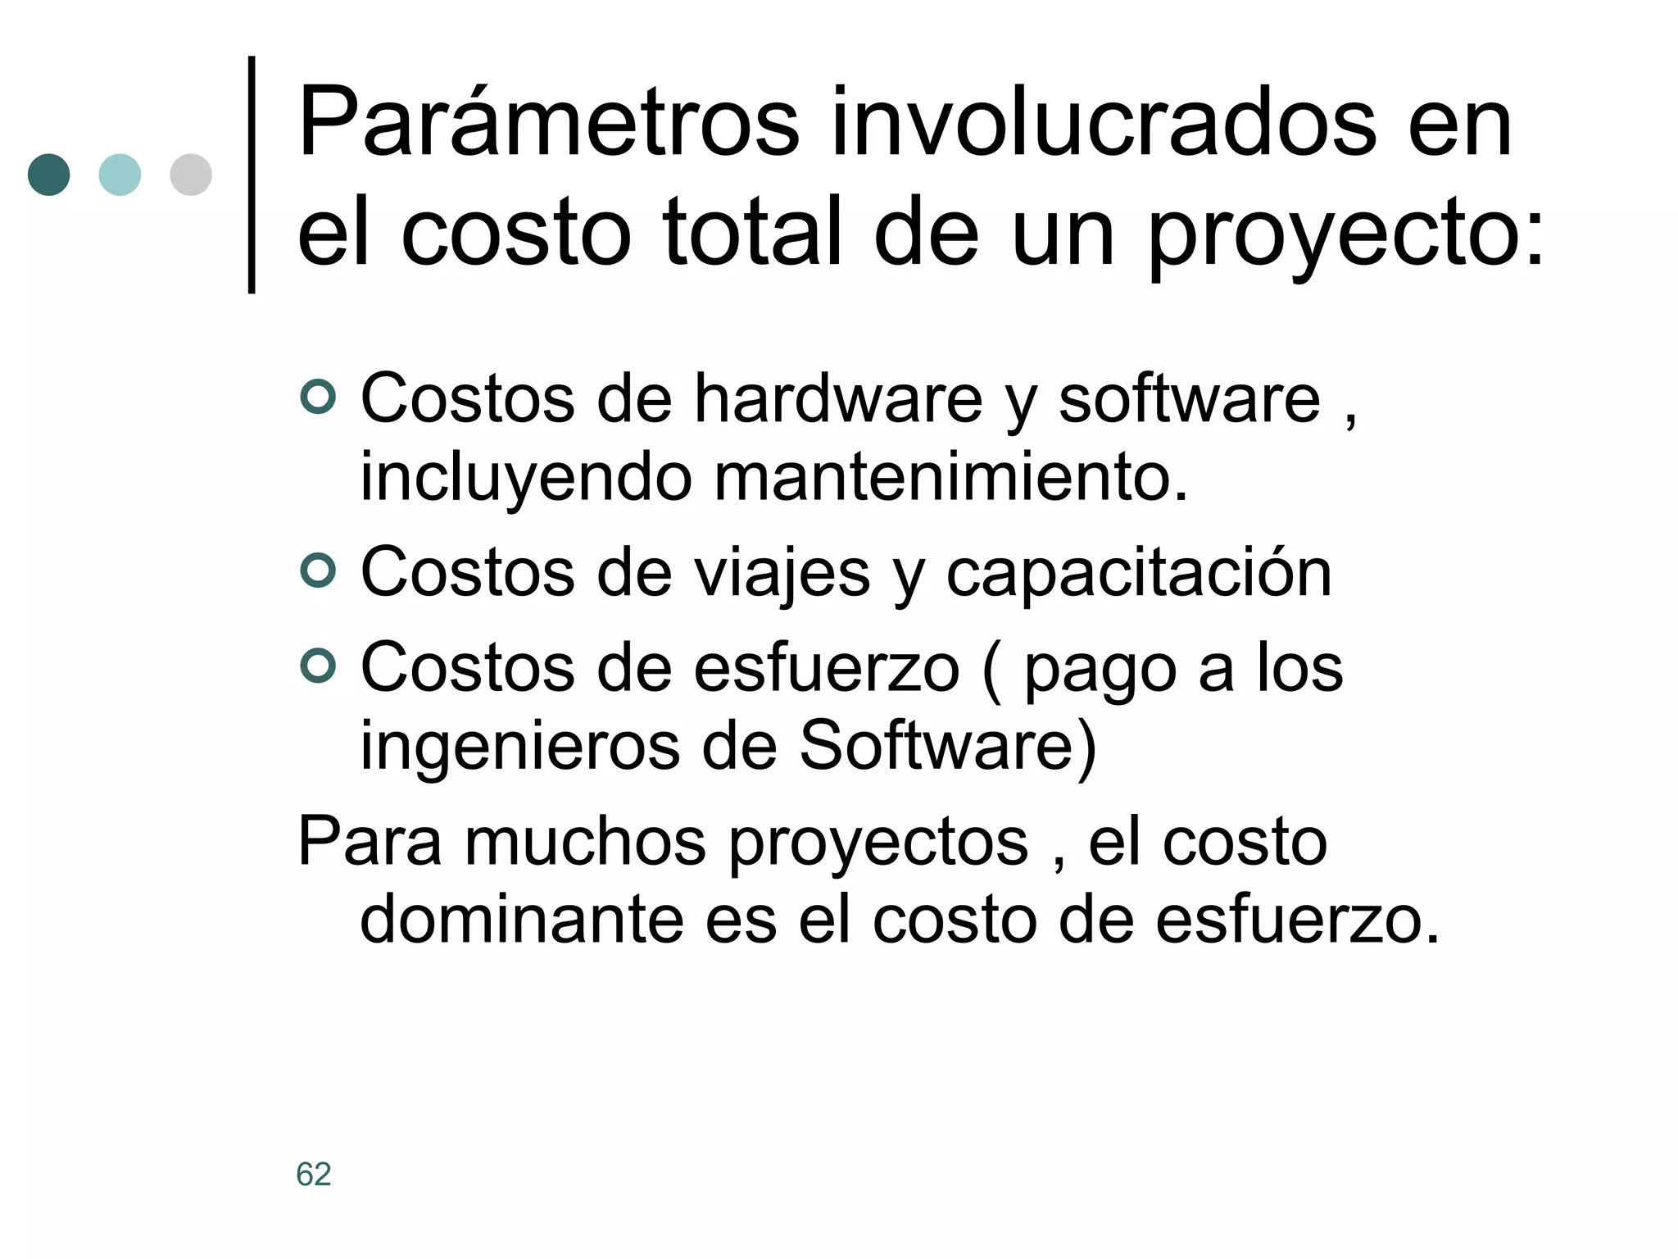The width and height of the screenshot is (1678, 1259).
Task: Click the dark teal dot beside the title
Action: click(49, 175)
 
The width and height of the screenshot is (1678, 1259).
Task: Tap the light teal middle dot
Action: click(120, 175)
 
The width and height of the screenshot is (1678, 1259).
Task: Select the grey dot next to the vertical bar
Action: click(191, 175)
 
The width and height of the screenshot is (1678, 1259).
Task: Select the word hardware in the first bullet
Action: click(838, 399)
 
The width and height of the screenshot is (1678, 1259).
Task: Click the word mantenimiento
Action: click(950, 478)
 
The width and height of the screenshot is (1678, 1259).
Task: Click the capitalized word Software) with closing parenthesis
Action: click(947, 746)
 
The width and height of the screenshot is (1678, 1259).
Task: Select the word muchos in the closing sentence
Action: click(585, 842)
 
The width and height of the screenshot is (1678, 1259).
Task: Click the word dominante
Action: click(522, 920)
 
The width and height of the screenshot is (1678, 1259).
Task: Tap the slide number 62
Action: click(314, 1175)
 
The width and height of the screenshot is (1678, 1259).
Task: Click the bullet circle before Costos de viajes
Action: click(318, 570)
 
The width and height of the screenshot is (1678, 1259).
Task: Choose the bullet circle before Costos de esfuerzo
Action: click(318, 666)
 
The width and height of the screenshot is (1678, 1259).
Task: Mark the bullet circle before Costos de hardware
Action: click(318, 398)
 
